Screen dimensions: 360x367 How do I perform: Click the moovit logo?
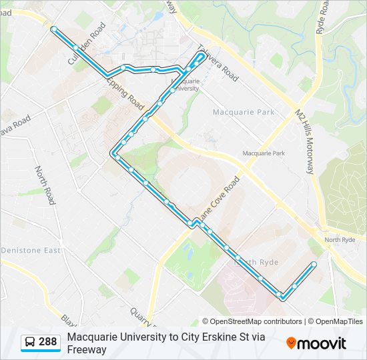(x=316, y=343)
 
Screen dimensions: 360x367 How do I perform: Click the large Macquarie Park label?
(x=244, y=112)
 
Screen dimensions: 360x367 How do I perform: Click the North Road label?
(x=45, y=185)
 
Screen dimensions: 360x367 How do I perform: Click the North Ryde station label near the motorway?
(x=340, y=240)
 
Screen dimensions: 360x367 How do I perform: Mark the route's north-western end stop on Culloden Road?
(x=54, y=29)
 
